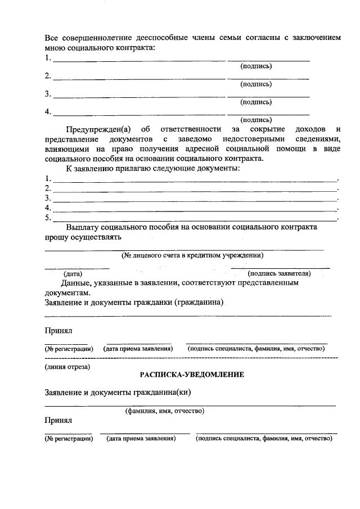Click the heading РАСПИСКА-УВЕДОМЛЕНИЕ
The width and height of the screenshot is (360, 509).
click(192, 375)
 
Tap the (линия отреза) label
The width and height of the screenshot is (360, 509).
click(67, 367)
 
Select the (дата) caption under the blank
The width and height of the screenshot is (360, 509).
click(73, 273)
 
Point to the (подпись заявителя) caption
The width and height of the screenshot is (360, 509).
click(279, 273)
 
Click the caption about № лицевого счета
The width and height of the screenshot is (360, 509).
click(193, 255)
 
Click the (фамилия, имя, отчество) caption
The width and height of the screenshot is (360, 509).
click(164, 411)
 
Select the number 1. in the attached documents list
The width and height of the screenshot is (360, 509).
click(48, 178)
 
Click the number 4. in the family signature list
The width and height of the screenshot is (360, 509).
click(48, 111)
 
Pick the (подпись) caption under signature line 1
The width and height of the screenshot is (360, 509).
click(256, 66)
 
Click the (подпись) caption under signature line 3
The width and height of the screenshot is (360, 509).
click(256, 102)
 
